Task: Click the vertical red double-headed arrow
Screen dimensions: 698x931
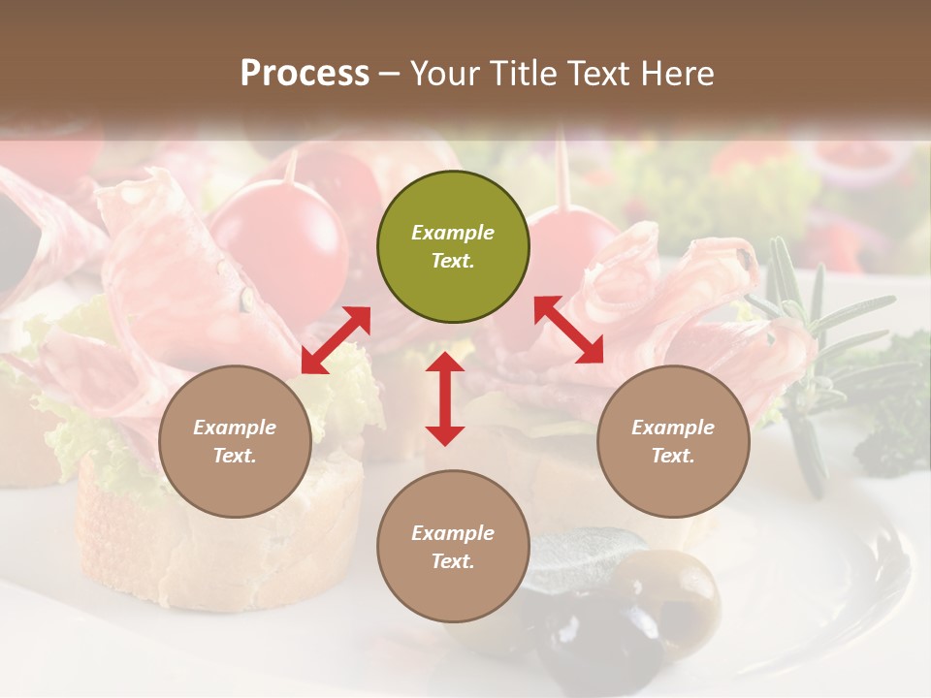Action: pos(445,398)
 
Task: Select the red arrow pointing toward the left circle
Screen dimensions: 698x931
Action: pos(336,340)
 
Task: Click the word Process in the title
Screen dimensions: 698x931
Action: pos(305,73)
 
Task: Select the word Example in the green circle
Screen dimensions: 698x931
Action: pos(453,233)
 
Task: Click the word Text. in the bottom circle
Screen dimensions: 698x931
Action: pos(453,561)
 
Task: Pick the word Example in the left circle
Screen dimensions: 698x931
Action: pos(235,428)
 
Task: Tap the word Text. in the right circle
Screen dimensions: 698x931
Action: pos(673,456)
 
